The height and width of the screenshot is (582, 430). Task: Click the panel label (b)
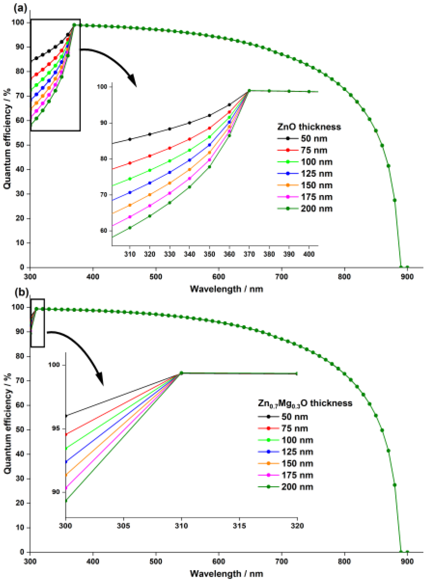(22, 292)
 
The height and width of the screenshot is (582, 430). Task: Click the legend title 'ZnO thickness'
(309, 127)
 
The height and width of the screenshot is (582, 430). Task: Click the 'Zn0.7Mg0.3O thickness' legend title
(305, 403)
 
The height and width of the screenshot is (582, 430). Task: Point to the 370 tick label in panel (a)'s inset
(249, 254)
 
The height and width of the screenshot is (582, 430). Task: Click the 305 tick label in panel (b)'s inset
(124, 526)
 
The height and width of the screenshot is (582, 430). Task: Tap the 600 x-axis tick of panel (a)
(219, 277)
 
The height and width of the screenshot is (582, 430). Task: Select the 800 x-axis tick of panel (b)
(344, 561)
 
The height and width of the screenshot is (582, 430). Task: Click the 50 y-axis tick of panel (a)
(20, 145)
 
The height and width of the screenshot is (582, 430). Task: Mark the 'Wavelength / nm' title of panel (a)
(226, 289)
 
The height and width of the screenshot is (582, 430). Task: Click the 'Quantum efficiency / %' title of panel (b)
(7, 423)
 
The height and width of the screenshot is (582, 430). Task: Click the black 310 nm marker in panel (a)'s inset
(130, 139)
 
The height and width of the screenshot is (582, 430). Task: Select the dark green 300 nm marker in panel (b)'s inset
(66, 501)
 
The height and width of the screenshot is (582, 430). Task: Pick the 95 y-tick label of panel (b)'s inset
(56, 428)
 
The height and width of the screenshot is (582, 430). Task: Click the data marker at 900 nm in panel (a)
(407, 267)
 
